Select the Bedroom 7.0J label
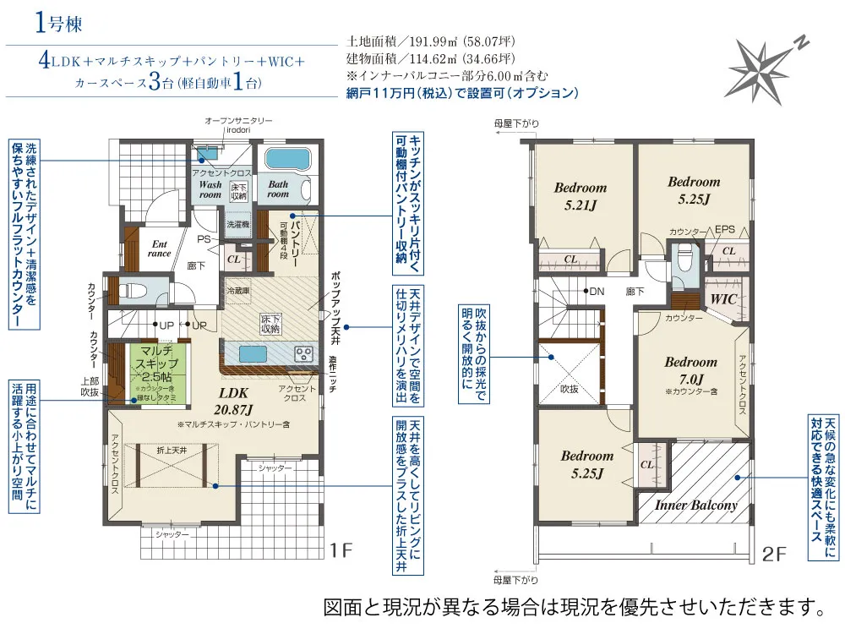tap(690, 369)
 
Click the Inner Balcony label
tap(696, 505)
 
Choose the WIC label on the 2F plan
tap(724, 299)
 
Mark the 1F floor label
tap(340, 552)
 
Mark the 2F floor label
tap(774, 555)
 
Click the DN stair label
tap(597, 292)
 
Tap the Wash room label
tap(210, 189)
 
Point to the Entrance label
tap(160, 247)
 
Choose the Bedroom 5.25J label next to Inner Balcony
tap(586, 464)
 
